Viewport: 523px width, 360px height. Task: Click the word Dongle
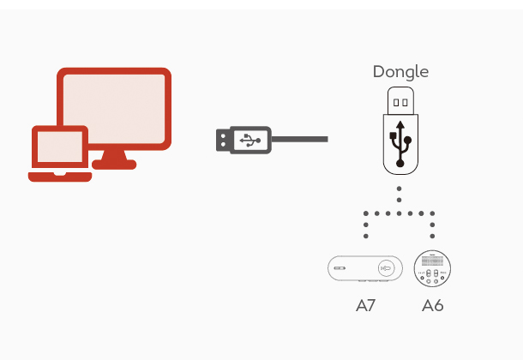(x=400, y=72)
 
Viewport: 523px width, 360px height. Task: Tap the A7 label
(x=365, y=305)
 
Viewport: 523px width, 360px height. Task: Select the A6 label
(x=433, y=305)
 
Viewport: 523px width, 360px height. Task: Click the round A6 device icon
(x=432, y=268)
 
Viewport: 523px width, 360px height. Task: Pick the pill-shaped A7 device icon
(x=365, y=268)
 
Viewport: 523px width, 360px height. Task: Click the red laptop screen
(x=60, y=147)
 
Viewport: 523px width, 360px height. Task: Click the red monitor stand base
(x=114, y=165)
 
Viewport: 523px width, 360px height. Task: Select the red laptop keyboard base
(x=60, y=177)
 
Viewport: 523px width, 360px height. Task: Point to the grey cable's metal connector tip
(x=223, y=140)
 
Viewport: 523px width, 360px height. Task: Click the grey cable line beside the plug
(x=299, y=140)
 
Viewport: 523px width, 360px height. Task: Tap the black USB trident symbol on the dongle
(x=400, y=144)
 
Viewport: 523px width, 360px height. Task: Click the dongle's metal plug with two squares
(x=400, y=100)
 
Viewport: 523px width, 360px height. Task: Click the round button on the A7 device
(x=386, y=268)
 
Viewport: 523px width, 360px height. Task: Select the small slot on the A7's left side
(x=340, y=268)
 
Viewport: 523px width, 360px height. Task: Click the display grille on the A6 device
(x=432, y=261)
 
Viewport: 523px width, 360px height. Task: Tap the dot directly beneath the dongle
(x=400, y=189)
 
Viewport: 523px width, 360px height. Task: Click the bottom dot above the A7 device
(x=366, y=236)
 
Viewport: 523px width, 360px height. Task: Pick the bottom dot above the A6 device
(x=433, y=236)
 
